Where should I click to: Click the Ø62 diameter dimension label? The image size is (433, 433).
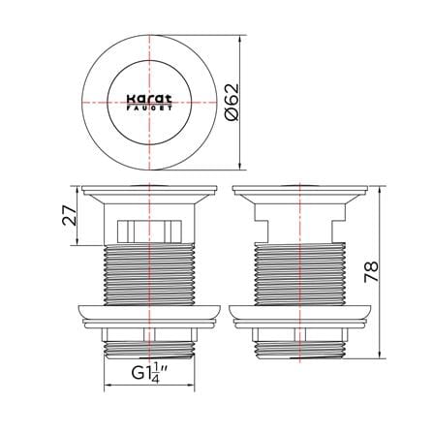tap(232, 102)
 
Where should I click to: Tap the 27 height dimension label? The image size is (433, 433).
tap(70, 215)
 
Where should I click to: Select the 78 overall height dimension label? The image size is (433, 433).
tap(371, 272)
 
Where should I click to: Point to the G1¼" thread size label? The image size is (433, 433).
tap(149, 374)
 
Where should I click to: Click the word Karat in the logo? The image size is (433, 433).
tap(149, 99)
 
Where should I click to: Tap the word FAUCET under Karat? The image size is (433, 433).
tap(149, 108)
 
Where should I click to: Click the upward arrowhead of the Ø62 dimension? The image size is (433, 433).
tap(240, 40)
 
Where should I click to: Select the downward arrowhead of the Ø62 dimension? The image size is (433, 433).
tap(240, 166)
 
